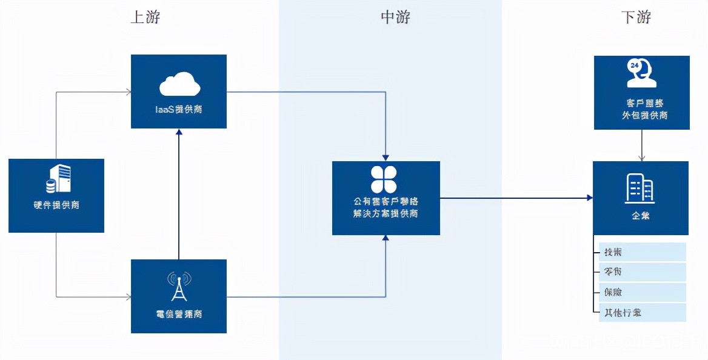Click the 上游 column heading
[x=145, y=17]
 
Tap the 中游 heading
[x=395, y=17]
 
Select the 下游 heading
[x=636, y=17]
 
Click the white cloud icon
[x=179, y=84]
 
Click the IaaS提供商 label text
[x=179, y=110]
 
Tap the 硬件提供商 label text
[x=56, y=205]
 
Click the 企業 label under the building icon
[x=640, y=215]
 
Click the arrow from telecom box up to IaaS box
[x=179, y=194]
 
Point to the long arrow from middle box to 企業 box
[x=515, y=198]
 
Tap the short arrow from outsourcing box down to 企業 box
[x=642, y=145]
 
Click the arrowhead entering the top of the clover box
[x=386, y=157]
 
